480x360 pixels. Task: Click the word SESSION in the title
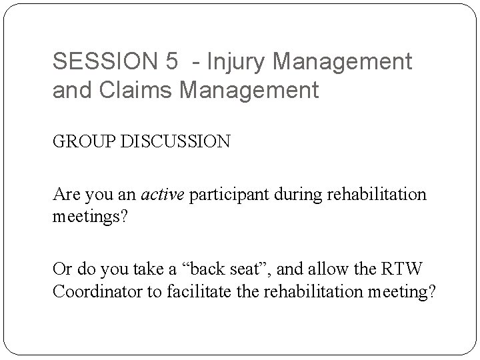tap(104, 62)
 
